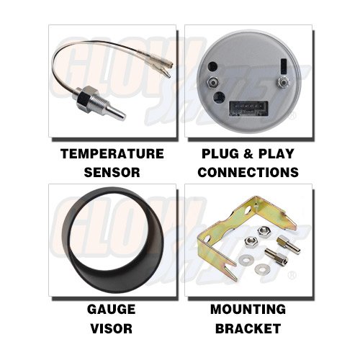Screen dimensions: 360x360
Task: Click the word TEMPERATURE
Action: (x=112, y=153)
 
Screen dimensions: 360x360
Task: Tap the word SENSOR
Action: (x=112, y=172)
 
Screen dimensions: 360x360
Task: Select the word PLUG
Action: (x=216, y=153)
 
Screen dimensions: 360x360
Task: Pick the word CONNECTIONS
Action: (x=248, y=172)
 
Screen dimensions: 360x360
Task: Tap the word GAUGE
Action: (x=112, y=310)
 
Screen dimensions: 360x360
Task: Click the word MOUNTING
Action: (x=248, y=310)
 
